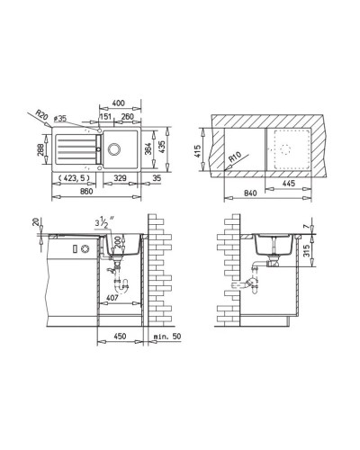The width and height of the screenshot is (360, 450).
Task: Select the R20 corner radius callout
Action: pos(41,115)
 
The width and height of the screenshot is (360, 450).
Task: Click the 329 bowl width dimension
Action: pos(119,179)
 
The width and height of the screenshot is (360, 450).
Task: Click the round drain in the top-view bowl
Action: pos(116,149)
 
